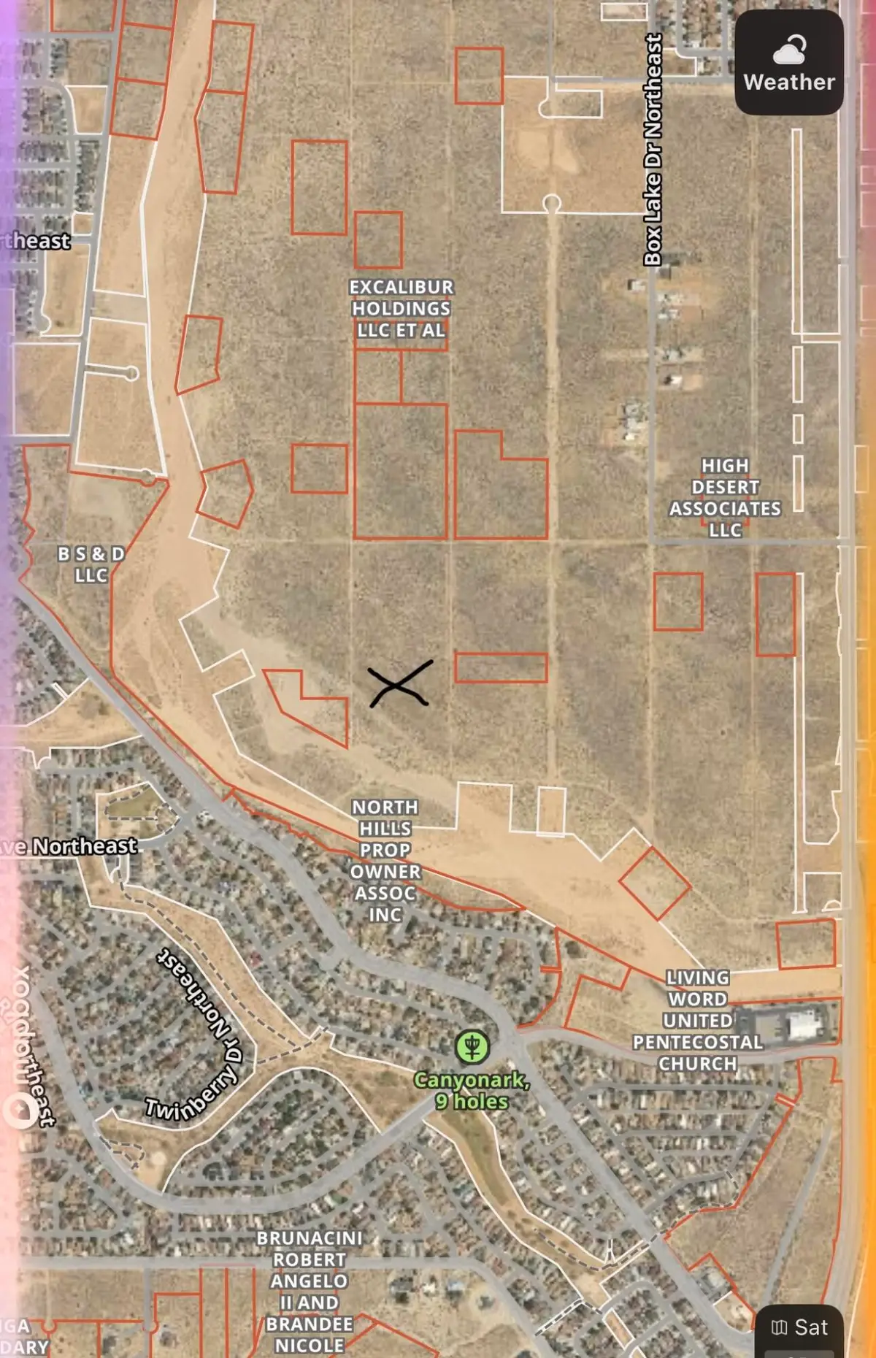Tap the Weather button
coord(788,63)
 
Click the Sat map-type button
coord(799,1327)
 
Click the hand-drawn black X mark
coord(399,684)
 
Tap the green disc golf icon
coord(472,1047)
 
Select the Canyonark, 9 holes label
coord(472,1091)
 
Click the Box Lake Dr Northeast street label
coord(653,150)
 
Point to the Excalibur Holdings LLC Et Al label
coord(401,309)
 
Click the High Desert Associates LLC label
coord(725,498)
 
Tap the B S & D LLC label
coord(91,564)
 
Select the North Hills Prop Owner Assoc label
coord(385,861)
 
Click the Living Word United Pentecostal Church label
coord(698,1021)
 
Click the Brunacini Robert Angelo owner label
coord(310,1292)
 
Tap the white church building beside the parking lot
coord(803,1024)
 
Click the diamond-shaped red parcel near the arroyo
coord(655,883)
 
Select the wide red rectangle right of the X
coord(501,667)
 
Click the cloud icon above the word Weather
coord(789,50)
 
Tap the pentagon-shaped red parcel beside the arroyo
coord(226,494)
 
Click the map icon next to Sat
coord(780,1327)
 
